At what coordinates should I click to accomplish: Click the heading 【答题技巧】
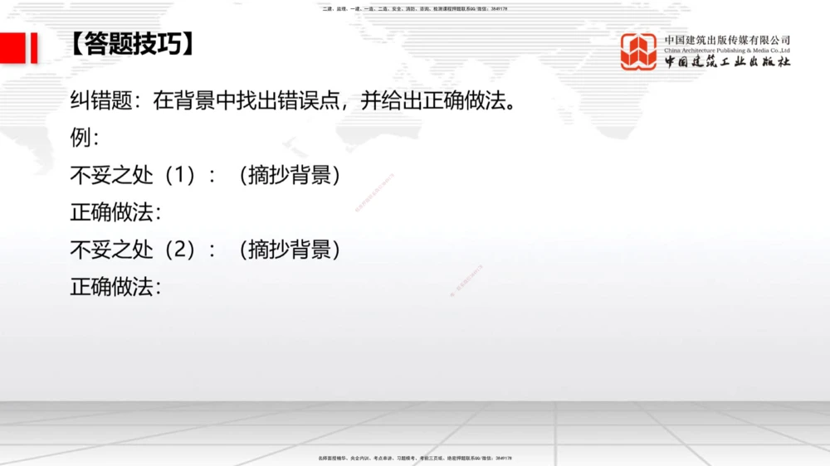pyautogui.click(x=133, y=44)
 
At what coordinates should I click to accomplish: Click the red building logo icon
pyautogui.click(x=638, y=51)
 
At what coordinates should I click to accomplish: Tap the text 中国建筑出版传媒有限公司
pyautogui.click(x=727, y=39)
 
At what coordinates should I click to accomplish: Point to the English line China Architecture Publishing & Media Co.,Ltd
pyautogui.click(x=727, y=50)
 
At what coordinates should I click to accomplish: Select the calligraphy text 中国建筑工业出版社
pyautogui.click(x=727, y=62)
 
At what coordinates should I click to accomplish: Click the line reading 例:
pyautogui.click(x=85, y=138)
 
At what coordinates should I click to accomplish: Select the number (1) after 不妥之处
pyautogui.click(x=180, y=175)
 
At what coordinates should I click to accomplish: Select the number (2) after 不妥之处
pyautogui.click(x=180, y=249)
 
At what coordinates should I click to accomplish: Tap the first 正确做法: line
pyautogui.click(x=115, y=211)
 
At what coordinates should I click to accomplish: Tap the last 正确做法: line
pyautogui.click(x=115, y=286)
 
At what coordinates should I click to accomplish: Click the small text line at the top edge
pyautogui.click(x=414, y=8)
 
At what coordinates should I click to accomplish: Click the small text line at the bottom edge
pyautogui.click(x=414, y=458)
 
